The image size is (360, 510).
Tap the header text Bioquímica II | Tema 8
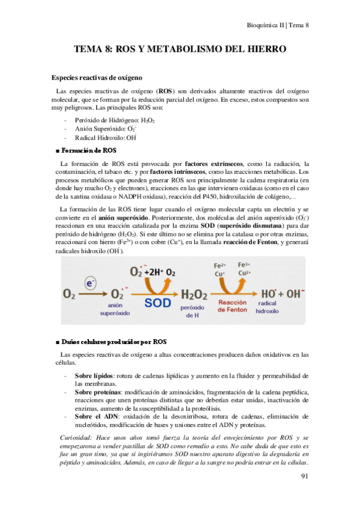point(278,25)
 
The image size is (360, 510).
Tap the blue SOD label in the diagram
point(158,303)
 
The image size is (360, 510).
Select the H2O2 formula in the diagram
point(195,294)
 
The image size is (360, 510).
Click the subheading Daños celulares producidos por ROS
point(110,341)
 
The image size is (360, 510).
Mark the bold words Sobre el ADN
point(96,416)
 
